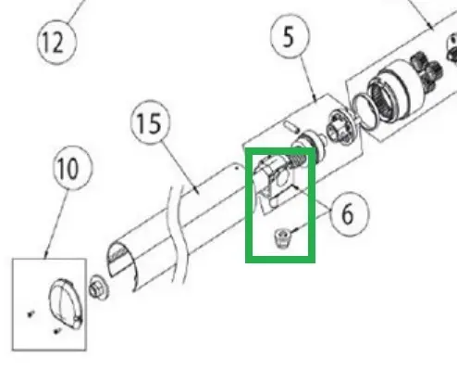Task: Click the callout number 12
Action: [x=56, y=42]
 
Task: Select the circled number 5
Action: [x=290, y=36]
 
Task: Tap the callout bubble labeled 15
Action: [x=150, y=122]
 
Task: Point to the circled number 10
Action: [x=72, y=169]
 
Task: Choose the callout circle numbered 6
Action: [x=349, y=213]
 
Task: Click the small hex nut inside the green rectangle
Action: [x=282, y=237]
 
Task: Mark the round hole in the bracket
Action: [x=281, y=180]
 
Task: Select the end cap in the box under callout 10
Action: [x=66, y=303]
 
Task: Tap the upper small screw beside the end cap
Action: [x=31, y=314]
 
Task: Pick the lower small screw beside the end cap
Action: [x=56, y=331]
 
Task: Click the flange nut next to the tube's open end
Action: [x=98, y=288]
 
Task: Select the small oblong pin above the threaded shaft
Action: [x=290, y=126]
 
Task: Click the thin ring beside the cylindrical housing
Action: [x=364, y=110]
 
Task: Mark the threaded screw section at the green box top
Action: [x=298, y=160]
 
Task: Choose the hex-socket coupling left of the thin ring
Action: [x=340, y=130]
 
